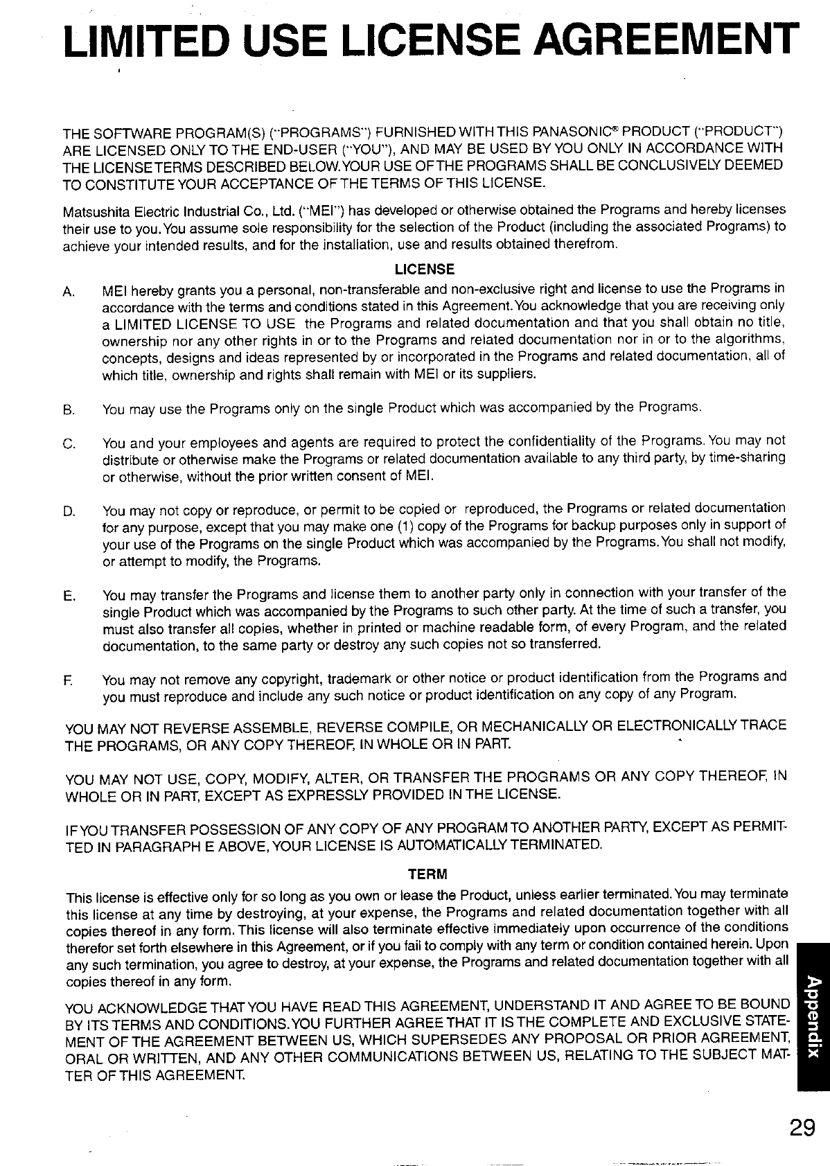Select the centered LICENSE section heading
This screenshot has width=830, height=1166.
point(424,269)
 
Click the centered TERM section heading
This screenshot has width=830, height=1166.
point(427,872)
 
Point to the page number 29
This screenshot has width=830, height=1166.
point(801,1128)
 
